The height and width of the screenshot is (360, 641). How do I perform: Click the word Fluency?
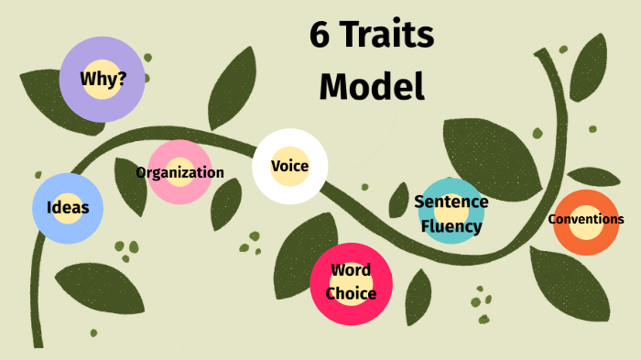tap(451, 225)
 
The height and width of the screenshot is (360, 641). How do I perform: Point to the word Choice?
tap(351, 293)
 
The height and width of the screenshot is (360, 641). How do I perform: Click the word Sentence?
tap(451, 202)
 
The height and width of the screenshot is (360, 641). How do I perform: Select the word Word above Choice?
tap(351, 270)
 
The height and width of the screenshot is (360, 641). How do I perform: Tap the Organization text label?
tap(179, 172)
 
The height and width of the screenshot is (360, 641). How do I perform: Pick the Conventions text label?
tap(586, 219)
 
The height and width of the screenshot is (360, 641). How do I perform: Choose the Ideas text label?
tap(68, 207)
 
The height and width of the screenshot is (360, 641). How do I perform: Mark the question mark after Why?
tap(122, 78)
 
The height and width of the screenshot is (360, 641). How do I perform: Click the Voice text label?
tap(289, 166)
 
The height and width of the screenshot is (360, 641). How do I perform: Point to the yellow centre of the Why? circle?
tap(103, 79)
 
